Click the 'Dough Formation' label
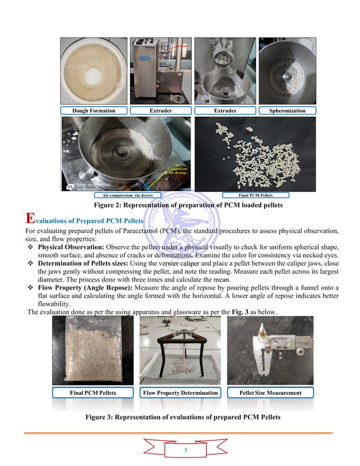coord(94,111)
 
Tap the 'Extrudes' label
coord(225,111)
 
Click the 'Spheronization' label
coord(287,111)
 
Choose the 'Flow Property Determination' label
coord(180,393)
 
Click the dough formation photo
coord(94,70)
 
